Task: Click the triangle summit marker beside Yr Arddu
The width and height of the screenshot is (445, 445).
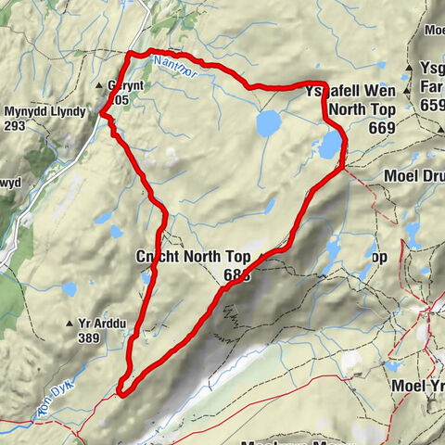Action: pos(70,324)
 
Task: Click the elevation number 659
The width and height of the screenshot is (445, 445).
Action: pos(433,106)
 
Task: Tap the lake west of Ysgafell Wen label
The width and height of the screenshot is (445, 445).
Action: pos(268,122)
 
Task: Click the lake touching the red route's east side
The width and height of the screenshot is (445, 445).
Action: pos(330,145)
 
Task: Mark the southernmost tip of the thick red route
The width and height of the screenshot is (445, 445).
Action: pos(121,393)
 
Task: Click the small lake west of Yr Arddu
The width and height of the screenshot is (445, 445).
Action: pos(70,289)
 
